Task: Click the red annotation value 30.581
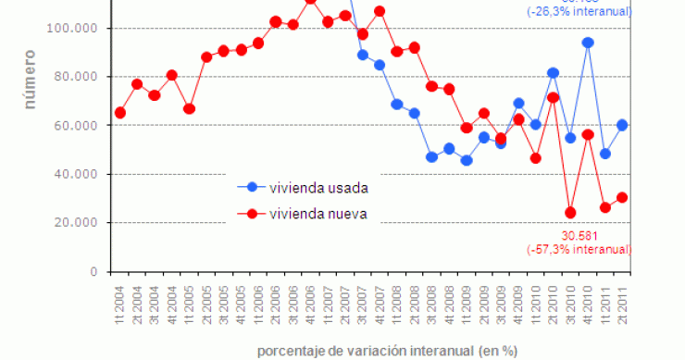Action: [x=579, y=236]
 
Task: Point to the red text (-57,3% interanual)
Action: [x=579, y=250]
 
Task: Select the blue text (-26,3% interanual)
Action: [x=579, y=12]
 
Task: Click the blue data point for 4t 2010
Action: [x=588, y=43]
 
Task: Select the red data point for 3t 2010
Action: [x=570, y=213]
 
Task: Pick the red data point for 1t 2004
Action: [x=120, y=113]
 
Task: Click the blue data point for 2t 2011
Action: [x=623, y=125]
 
